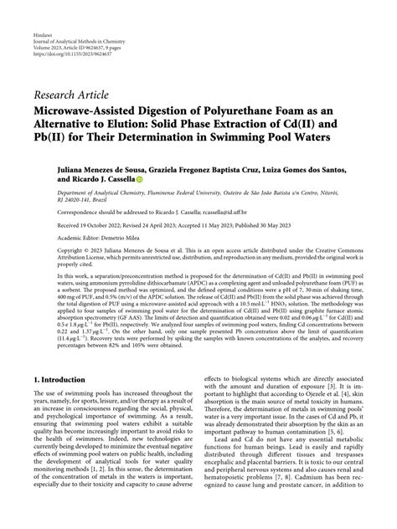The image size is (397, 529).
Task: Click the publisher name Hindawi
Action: [41, 38]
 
